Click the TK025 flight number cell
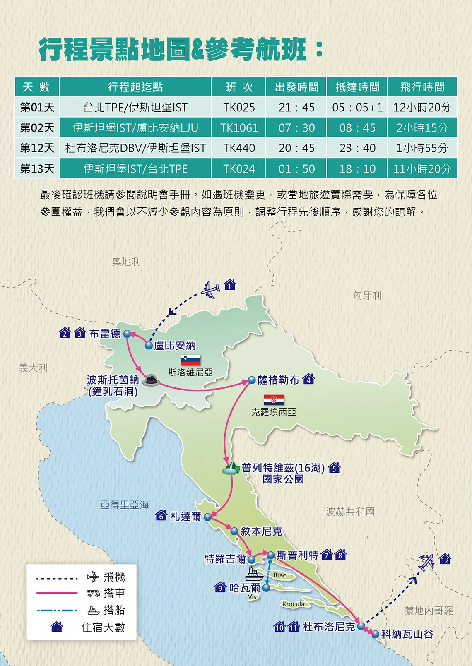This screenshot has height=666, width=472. point(239,108)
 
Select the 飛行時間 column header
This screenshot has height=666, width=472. point(422,87)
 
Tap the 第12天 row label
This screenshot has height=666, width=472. point(37,148)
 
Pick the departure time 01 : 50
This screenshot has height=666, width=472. point(296,169)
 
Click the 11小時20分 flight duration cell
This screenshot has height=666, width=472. point(422,169)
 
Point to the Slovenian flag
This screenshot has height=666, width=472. point(190,360)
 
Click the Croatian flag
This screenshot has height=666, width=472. point(274,400)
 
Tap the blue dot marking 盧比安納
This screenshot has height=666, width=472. point(149,345)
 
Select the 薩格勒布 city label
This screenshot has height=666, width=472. point(278,380)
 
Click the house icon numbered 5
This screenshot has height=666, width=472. point(334,468)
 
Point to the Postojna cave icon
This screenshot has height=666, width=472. point(151,380)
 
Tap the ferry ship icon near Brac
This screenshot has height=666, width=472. point(254,574)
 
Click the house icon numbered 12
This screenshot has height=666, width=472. point(445,559)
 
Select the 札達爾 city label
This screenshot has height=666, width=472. point(185,517)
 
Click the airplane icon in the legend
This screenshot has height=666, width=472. point(94,576)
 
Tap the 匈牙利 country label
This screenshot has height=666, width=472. point(367,296)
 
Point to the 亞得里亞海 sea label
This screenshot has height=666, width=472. point(125,505)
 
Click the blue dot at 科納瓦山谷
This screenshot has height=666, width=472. point(375,634)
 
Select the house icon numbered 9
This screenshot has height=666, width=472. point(220,587)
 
